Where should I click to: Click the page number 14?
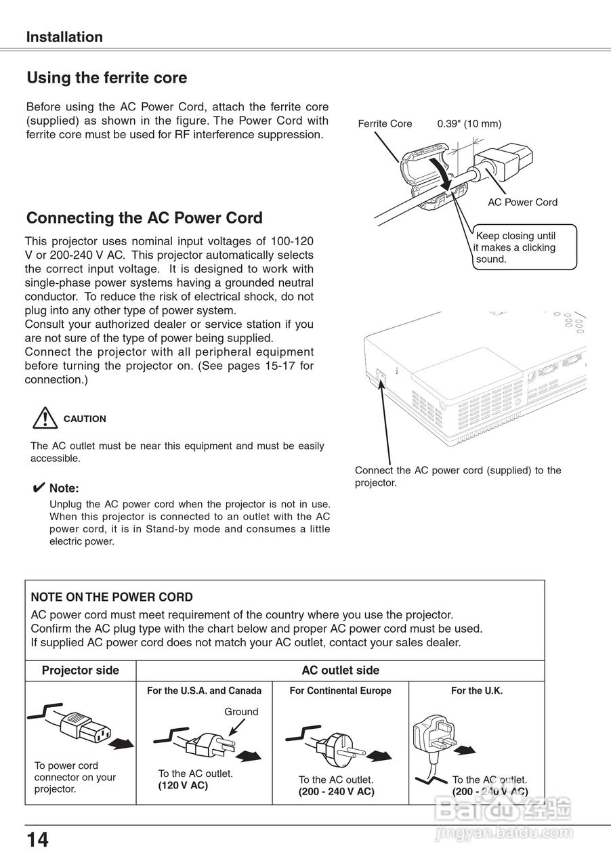tap(38, 840)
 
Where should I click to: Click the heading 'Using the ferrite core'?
tap(106, 78)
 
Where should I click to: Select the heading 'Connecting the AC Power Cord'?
tap(144, 218)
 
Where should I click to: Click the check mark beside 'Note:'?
tap(39, 488)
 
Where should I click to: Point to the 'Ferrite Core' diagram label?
tap(385, 124)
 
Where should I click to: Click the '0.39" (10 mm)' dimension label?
tap(469, 124)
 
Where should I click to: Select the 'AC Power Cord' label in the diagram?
tap(522, 202)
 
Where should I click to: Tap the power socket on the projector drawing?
tap(381, 375)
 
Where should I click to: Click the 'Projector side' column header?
tap(80, 671)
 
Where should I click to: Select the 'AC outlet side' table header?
tap(340, 671)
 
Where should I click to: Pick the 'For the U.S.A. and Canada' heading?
tap(204, 691)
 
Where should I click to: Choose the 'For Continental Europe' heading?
tap(340, 691)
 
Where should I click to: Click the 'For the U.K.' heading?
tap(477, 691)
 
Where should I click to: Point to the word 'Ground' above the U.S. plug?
tap(241, 712)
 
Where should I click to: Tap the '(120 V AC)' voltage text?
tap(183, 786)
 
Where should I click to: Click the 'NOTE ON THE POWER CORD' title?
tap(112, 597)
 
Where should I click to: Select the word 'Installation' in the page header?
tap(64, 37)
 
